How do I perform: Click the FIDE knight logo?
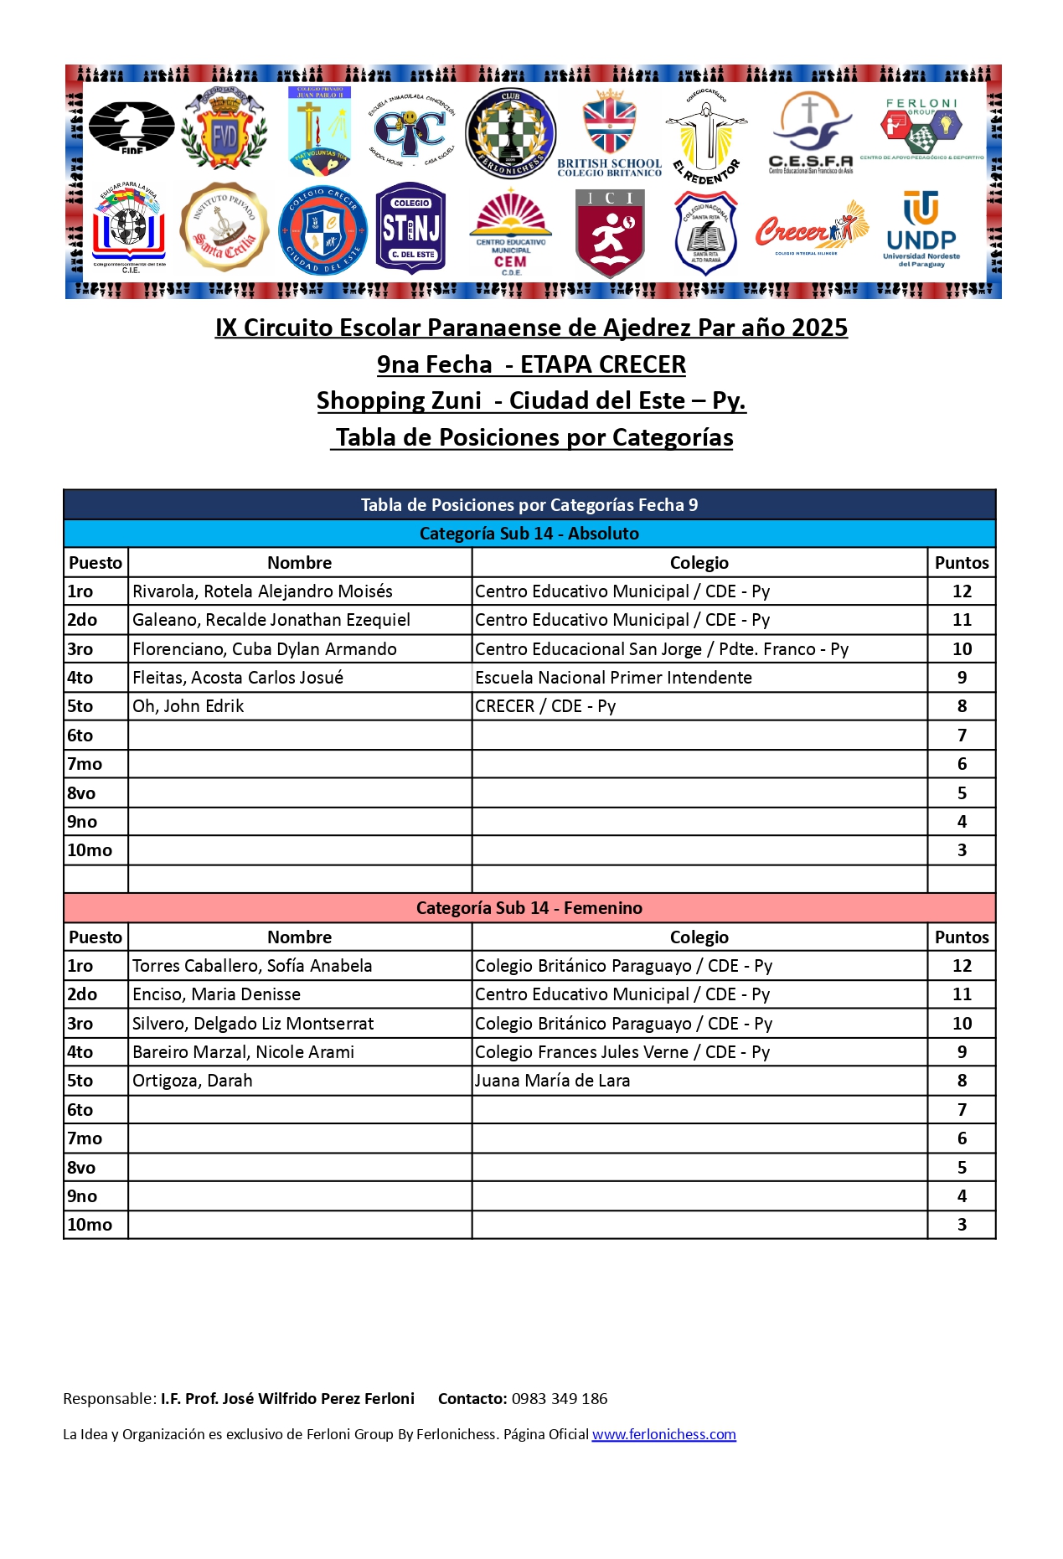click(x=132, y=127)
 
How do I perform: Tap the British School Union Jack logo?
click(x=610, y=132)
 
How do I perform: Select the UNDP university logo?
click(x=921, y=229)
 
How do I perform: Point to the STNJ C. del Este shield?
click(x=410, y=229)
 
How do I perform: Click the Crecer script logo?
click(x=810, y=229)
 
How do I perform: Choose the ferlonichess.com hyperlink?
click(x=663, y=1434)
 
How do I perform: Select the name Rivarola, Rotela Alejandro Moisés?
click(x=262, y=591)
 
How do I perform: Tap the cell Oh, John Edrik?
click(x=188, y=706)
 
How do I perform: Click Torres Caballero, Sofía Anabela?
click(x=252, y=966)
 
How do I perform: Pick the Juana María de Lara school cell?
click(x=552, y=1081)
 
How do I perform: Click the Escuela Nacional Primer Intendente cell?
click(x=613, y=678)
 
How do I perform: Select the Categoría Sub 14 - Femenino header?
click(x=529, y=908)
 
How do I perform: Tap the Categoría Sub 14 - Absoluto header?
click(x=529, y=534)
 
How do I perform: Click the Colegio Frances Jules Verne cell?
click(x=622, y=1052)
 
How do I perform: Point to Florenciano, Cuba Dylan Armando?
click(x=265, y=649)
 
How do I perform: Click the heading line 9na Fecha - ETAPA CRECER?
click(x=531, y=364)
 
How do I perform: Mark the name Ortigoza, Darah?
click(x=193, y=1081)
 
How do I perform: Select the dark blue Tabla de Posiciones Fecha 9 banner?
click(x=529, y=505)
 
